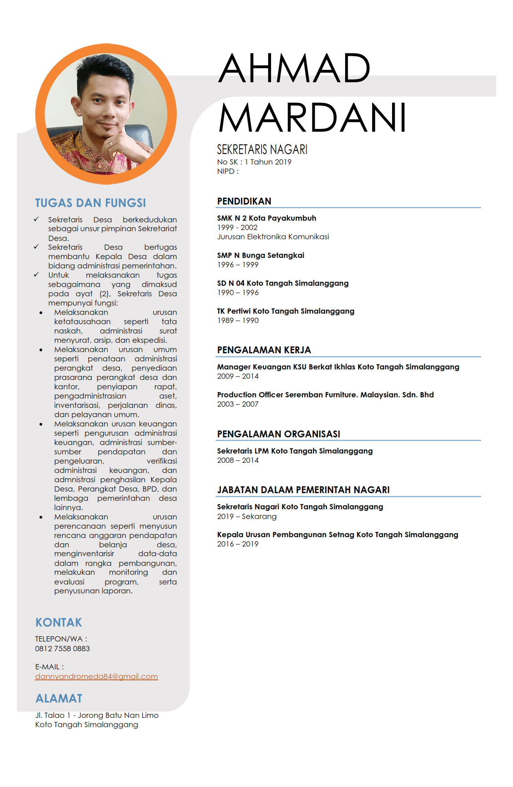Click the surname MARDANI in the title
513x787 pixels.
[312, 118]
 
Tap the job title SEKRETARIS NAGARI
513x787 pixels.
[262, 150]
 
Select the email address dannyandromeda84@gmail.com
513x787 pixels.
[96, 676]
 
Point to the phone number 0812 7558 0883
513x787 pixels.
[62, 648]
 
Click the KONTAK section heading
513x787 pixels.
[59, 622]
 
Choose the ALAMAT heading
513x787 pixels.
[59, 698]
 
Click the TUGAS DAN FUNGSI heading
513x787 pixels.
[90, 203]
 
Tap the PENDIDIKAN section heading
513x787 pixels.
[244, 201]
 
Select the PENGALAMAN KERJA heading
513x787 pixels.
[264, 350]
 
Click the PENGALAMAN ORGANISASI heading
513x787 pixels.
[278, 434]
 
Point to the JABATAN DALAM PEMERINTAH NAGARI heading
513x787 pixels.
[303, 490]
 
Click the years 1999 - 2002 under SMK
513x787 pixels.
[237, 227]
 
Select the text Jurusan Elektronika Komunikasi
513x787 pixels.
[273, 236]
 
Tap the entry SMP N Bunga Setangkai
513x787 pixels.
[261, 255]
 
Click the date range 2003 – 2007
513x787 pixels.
[237, 404]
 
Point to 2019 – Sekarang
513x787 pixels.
[247, 516]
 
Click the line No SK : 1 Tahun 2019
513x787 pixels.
[254, 162]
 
